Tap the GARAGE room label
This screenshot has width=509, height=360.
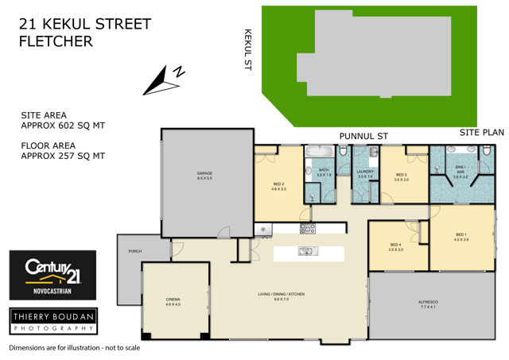(205, 174)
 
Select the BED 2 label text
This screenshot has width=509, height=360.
(278, 186)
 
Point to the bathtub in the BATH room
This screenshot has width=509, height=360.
(323, 150)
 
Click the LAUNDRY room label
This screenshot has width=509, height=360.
(366, 173)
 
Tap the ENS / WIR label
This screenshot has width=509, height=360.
(460, 173)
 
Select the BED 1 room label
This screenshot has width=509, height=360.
(461, 236)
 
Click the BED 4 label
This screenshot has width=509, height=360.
(396, 246)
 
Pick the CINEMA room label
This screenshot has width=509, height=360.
(173, 301)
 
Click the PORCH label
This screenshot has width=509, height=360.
(135, 251)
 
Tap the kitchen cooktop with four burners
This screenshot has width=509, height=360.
(308, 229)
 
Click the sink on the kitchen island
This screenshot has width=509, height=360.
(305, 252)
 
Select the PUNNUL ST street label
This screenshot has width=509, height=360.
(363, 137)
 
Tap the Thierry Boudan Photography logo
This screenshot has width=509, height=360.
(52, 320)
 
